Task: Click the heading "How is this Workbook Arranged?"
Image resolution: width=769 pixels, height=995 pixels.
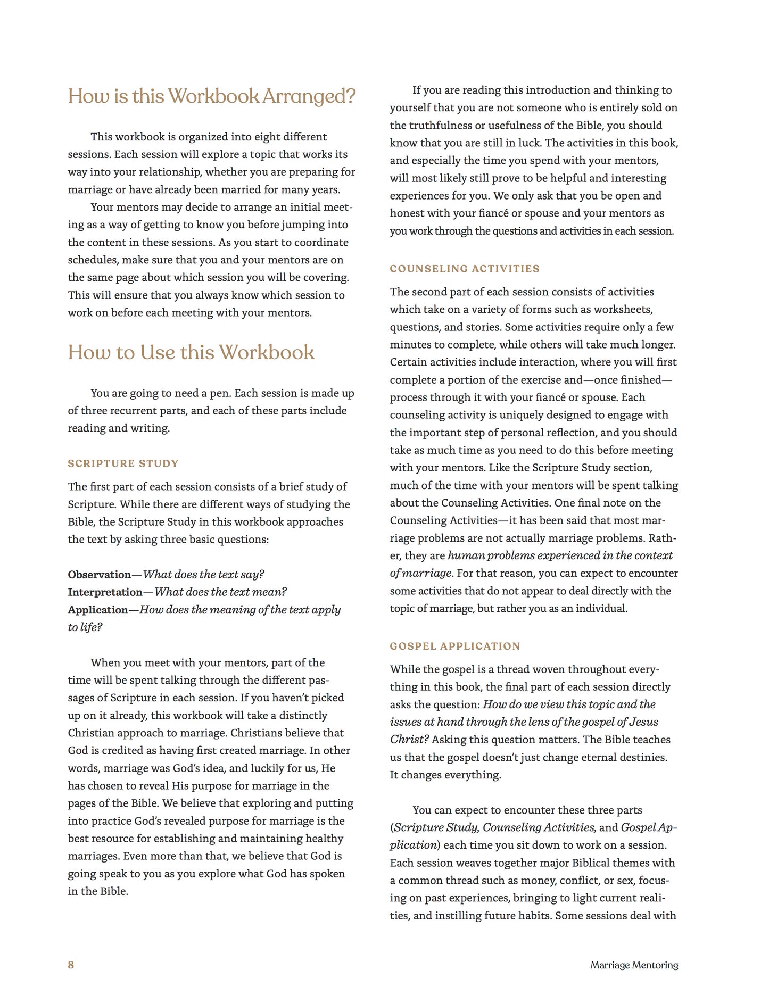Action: point(211,97)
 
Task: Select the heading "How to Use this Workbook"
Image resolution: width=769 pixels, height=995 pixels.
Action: point(191,353)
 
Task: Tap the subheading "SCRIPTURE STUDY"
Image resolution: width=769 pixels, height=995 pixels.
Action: point(123,463)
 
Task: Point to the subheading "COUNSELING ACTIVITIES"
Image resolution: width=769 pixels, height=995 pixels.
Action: point(465,269)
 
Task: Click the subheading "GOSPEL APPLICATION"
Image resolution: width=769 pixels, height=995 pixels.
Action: point(455,646)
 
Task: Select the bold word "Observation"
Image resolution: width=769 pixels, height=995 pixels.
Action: point(99,575)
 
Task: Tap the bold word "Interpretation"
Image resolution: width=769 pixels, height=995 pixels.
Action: point(105,592)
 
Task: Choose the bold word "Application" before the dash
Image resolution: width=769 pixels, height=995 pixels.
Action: point(98,610)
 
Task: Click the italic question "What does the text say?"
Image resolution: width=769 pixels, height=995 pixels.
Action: point(204,575)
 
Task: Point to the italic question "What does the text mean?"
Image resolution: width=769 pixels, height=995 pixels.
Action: point(220,592)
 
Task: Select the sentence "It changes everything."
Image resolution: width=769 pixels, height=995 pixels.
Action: point(445,775)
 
